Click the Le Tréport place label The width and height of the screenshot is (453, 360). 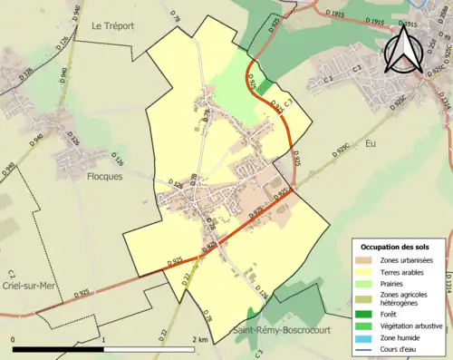(x=113, y=27)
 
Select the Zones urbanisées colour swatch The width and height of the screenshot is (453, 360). (x=364, y=260)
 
